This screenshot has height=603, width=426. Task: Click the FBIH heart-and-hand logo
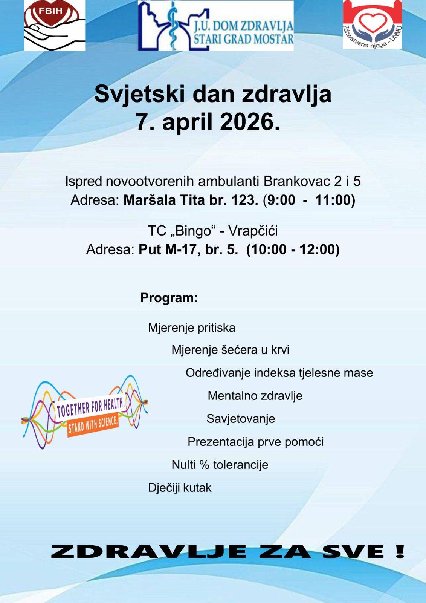[x=55, y=26]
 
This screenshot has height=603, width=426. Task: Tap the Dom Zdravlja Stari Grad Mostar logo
[x=215, y=26]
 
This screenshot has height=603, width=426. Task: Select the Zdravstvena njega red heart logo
[x=372, y=25]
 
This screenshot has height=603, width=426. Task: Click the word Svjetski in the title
[x=139, y=94]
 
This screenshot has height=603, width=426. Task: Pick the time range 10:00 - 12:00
[x=293, y=249]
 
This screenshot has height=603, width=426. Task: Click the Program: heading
[x=169, y=298]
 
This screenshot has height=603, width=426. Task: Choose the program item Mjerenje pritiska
[x=191, y=328]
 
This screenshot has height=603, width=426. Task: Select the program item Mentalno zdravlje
[x=255, y=396]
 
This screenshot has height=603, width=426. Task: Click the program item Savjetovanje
[x=241, y=419]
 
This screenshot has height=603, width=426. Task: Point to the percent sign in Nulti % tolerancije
[x=204, y=465]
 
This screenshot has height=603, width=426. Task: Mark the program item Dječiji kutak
[x=180, y=488]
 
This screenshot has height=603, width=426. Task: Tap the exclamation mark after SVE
[x=400, y=552]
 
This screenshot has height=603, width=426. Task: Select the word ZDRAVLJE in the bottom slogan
[x=149, y=552]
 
